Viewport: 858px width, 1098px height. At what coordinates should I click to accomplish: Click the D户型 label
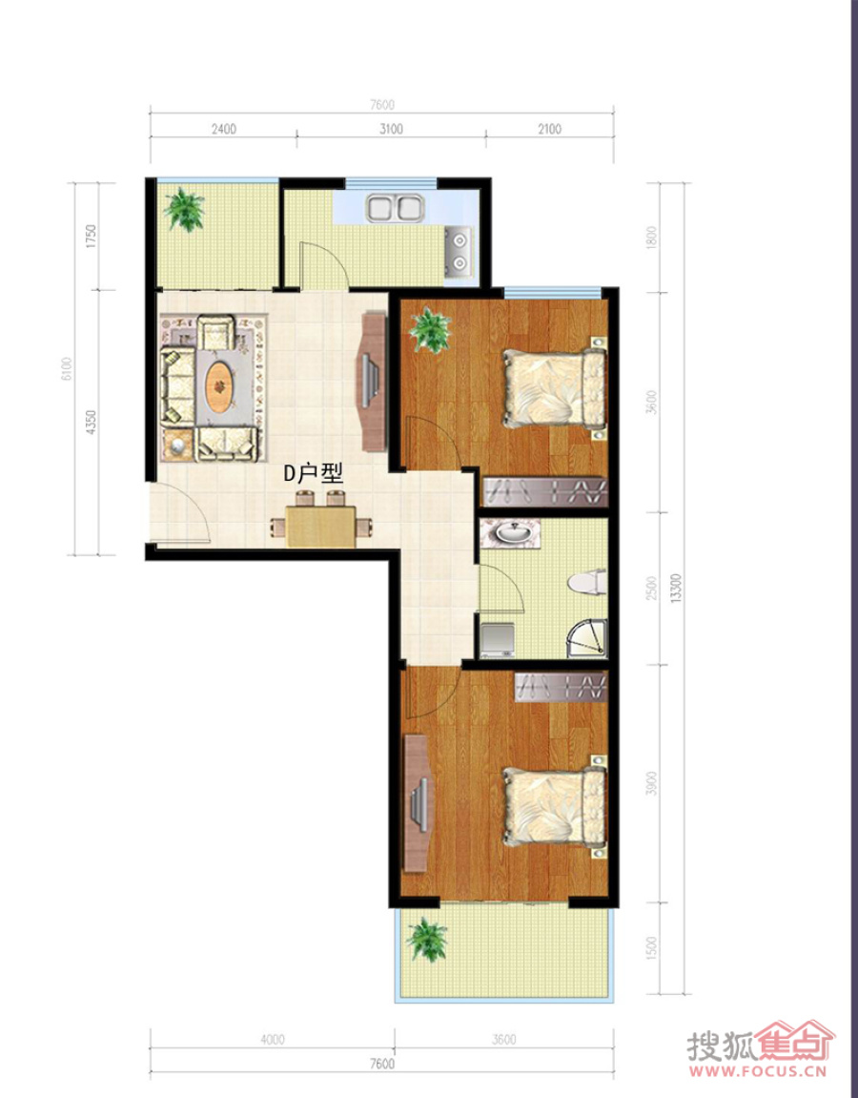[313, 473]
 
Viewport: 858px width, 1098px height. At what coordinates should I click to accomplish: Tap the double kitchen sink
[396, 208]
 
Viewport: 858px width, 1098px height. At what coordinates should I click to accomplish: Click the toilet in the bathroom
[586, 583]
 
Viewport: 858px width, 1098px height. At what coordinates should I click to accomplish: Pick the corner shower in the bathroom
[586, 638]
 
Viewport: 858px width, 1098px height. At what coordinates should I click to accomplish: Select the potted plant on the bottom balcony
[427, 939]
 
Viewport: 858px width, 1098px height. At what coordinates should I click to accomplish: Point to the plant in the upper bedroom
[430, 329]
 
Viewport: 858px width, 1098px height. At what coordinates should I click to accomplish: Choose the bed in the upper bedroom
[554, 388]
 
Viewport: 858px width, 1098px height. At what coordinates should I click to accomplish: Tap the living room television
[370, 382]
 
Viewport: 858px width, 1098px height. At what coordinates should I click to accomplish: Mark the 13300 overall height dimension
[675, 589]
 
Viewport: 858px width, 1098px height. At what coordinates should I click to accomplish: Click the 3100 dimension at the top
[391, 129]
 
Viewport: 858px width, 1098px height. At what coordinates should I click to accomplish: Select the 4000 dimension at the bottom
[273, 1039]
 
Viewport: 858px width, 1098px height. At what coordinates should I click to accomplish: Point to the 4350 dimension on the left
[91, 423]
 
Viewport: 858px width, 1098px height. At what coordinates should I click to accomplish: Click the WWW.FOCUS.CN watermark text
[758, 1070]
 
